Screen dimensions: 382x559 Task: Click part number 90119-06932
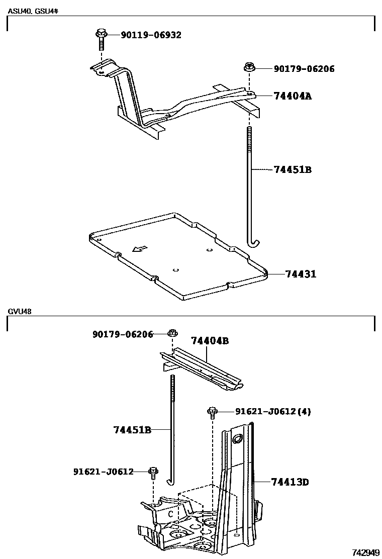click(151, 35)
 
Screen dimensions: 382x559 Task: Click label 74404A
click(293, 96)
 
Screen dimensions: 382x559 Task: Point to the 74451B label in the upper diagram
click(293, 169)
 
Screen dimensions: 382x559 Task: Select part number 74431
click(301, 274)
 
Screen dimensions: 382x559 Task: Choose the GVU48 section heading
click(20, 311)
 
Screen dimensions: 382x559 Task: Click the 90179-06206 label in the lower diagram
click(123, 334)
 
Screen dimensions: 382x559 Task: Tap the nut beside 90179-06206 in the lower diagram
click(172, 333)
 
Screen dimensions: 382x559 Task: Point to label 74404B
click(210, 341)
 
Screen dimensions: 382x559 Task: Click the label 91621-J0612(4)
click(273, 412)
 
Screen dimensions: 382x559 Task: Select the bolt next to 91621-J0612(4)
click(213, 412)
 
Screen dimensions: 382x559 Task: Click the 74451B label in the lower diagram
click(132, 430)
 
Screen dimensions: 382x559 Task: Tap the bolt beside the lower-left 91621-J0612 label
click(153, 472)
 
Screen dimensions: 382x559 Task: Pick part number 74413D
click(290, 482)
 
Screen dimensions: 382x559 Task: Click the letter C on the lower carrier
click(170, 514)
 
